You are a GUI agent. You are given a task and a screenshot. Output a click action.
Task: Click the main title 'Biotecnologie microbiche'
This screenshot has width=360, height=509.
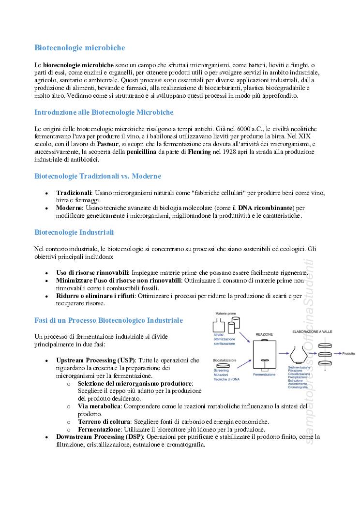click(x=79, y=48)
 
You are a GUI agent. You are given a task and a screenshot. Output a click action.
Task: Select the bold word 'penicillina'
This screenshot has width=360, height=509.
click(x=141, y=152)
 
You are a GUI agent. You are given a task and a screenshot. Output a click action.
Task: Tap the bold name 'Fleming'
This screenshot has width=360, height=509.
click(x=199, y=152)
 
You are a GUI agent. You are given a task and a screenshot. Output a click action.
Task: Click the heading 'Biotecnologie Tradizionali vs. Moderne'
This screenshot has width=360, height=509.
click(x=98, y=176)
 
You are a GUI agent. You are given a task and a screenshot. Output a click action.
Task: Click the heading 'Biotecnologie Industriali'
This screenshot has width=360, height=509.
click(x=74, y=232)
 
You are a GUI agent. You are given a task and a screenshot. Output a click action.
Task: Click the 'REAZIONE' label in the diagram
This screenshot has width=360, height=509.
click(x=264, y=334)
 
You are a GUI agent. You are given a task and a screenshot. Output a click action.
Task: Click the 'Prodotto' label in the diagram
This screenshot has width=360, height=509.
click(x=348, y=354)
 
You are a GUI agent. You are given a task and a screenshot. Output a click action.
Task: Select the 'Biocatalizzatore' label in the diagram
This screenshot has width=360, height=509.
click(x=225, y=360)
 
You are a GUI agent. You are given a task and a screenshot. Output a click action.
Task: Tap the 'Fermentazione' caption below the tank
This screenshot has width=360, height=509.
click(x=264, y=374)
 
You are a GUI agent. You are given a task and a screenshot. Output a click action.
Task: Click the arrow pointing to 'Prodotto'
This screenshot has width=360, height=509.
click(x=336, y=354)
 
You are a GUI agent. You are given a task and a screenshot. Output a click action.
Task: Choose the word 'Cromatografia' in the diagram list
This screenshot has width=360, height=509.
click(x=298, y=388)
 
